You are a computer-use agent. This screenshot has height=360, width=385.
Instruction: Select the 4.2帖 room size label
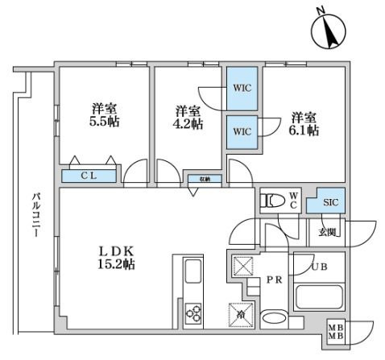[x=186, y=119]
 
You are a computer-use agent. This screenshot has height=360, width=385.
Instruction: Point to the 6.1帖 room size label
[x=304, y=123]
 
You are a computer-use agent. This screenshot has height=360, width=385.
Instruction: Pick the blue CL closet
[x=89, y=175]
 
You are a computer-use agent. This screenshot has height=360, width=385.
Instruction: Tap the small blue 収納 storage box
[x=200, y=180]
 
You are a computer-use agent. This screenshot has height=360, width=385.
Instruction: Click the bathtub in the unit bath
[x=319, y=296]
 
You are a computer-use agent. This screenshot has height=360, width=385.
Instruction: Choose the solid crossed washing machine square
[x=241, y=266]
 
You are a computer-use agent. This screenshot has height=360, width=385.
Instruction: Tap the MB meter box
[x=334, y=332]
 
